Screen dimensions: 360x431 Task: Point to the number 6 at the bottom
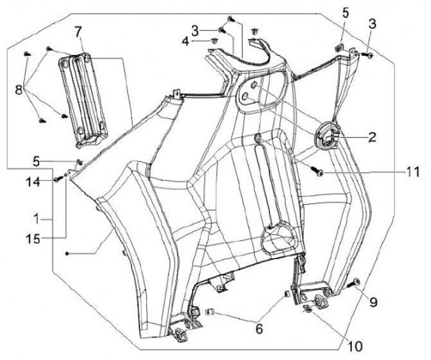[x=259, y=328]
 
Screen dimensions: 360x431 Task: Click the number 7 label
[x=78, y=30]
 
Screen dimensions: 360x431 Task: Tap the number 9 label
[x=373, y=302]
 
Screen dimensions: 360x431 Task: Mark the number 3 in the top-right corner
[x=372, y=25]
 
